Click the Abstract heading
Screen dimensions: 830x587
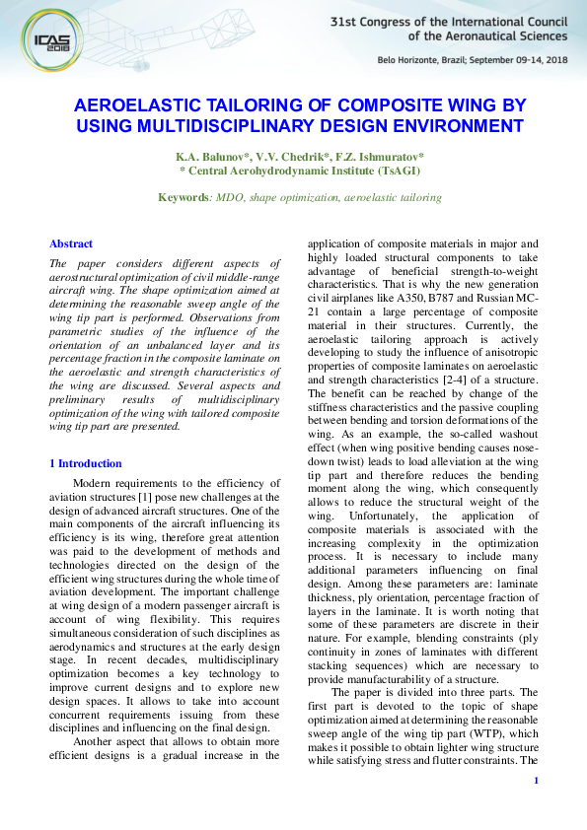click(71, 243)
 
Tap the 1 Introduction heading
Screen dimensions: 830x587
click(86, 463)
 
